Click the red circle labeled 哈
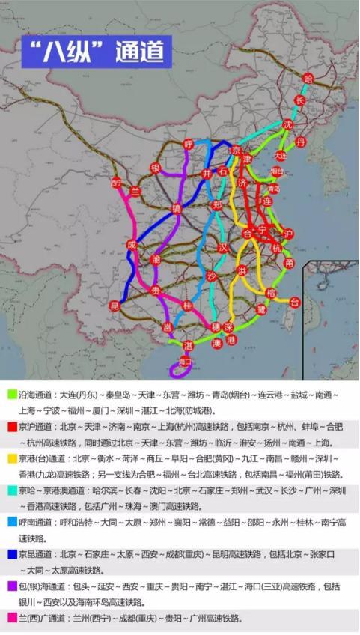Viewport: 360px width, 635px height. [x=307, y=77]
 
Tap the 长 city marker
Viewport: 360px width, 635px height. [x=300, y=100]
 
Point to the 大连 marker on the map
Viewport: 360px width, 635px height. [x=281, y=156]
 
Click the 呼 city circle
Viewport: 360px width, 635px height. [x=189, y=144]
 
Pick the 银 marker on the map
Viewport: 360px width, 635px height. [x=156, y=167]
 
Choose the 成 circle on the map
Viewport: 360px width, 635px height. [x=132, y=245]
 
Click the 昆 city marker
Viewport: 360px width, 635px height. [x=115, y=306]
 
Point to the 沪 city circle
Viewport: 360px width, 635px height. [x=289, y=234]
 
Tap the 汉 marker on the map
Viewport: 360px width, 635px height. [x=222, y=247]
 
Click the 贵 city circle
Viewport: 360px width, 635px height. [x=156, y=290]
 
